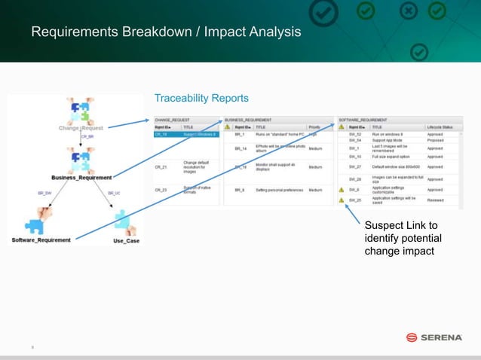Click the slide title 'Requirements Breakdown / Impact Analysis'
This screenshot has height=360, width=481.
pos(166,32)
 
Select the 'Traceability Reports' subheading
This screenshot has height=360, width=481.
pos(201,98)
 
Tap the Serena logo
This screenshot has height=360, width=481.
pos(434,337)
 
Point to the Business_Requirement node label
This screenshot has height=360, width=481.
pos(81,178)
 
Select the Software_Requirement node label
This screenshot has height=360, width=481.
pos(41,240)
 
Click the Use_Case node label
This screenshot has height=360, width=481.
pos(126,241)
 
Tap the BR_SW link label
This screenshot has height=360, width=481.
pos(44,194)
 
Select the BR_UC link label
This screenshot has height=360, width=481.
pos(114,194)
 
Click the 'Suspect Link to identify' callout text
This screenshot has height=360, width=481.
pos(400,238)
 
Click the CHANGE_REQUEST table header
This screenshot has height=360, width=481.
pos(172,120)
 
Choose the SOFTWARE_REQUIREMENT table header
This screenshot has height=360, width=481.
pos(363,120)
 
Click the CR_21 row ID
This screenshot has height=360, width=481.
pos(161,167)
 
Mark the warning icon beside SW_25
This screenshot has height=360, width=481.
pos(342,200)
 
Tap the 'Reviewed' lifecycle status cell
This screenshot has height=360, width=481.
pos(436,200)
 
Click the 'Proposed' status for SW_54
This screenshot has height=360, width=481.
pos(436,140)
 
